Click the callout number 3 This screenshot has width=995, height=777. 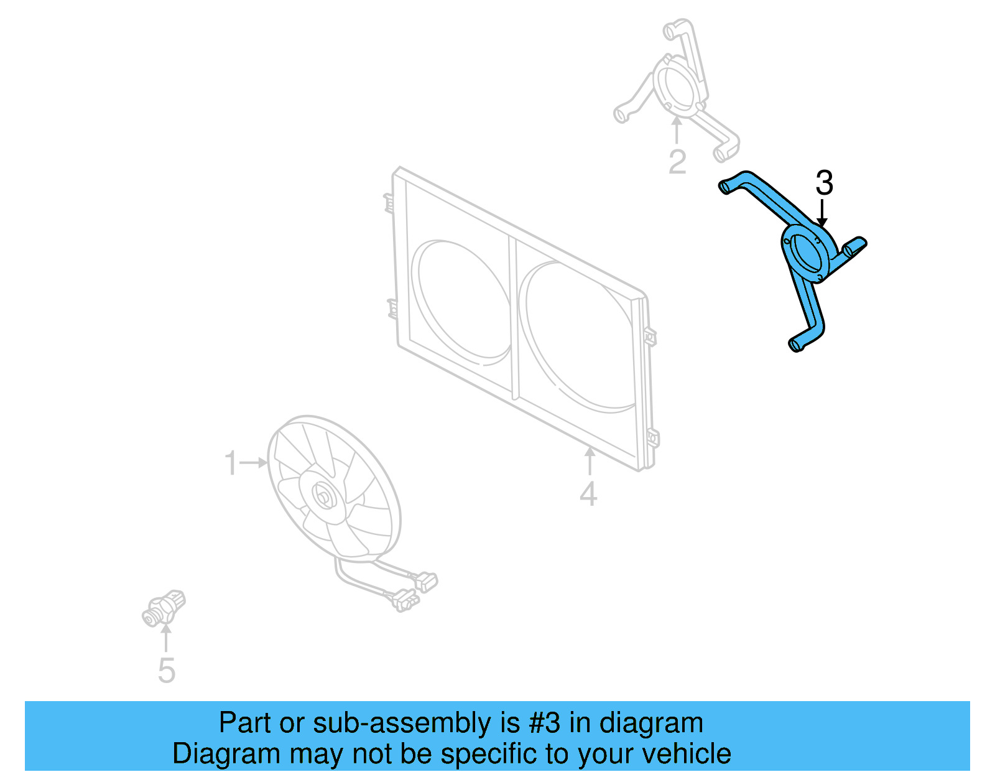824,184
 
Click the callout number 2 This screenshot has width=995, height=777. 677,162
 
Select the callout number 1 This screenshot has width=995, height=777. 231,463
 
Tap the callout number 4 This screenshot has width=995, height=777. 588,495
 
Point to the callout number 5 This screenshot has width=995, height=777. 166,671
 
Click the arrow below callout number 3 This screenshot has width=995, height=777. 822,213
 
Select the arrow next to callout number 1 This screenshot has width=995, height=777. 254,462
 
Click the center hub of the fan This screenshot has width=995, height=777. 323,496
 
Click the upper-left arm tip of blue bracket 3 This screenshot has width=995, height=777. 725,186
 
